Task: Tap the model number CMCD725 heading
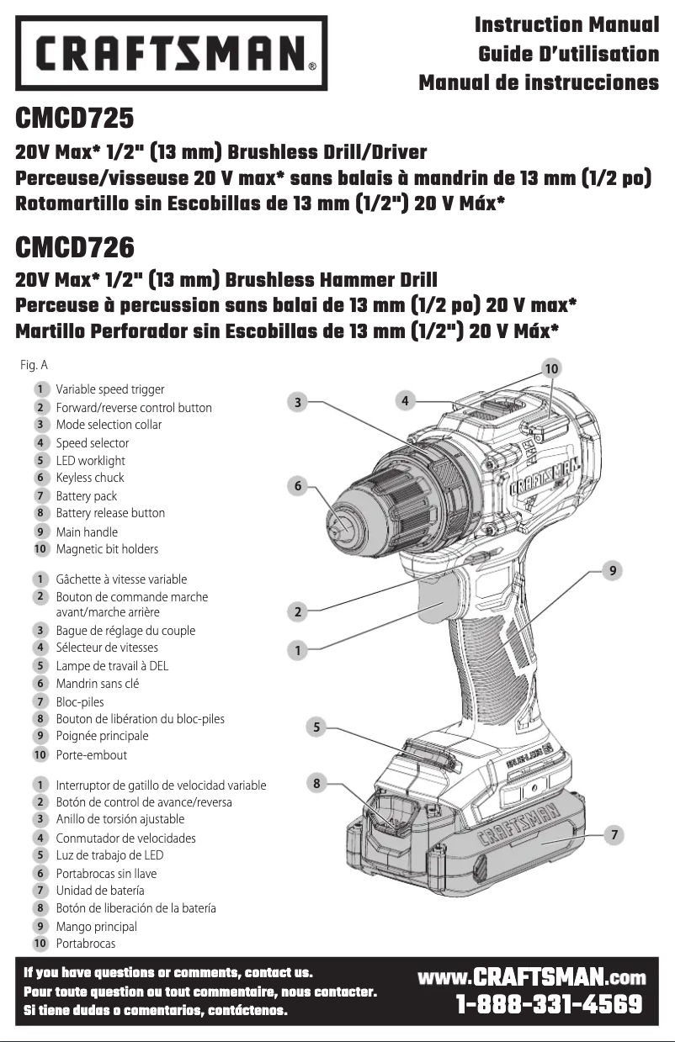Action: tap(75, 119)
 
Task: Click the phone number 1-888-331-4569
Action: tap(549, 1005)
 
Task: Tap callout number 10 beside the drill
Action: tap(551, 368)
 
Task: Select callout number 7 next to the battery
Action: tap(615, 835)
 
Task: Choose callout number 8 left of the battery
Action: tap(316, 784)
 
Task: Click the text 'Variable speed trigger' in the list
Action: tap(109, 389)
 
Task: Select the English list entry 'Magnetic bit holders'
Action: tap(107, 549)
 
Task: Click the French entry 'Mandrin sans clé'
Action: tap(98, 684)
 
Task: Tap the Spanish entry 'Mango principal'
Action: tap(96, 926)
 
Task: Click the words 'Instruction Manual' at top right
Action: tap(566, 25)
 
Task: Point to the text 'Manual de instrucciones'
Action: tap(539, 82)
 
